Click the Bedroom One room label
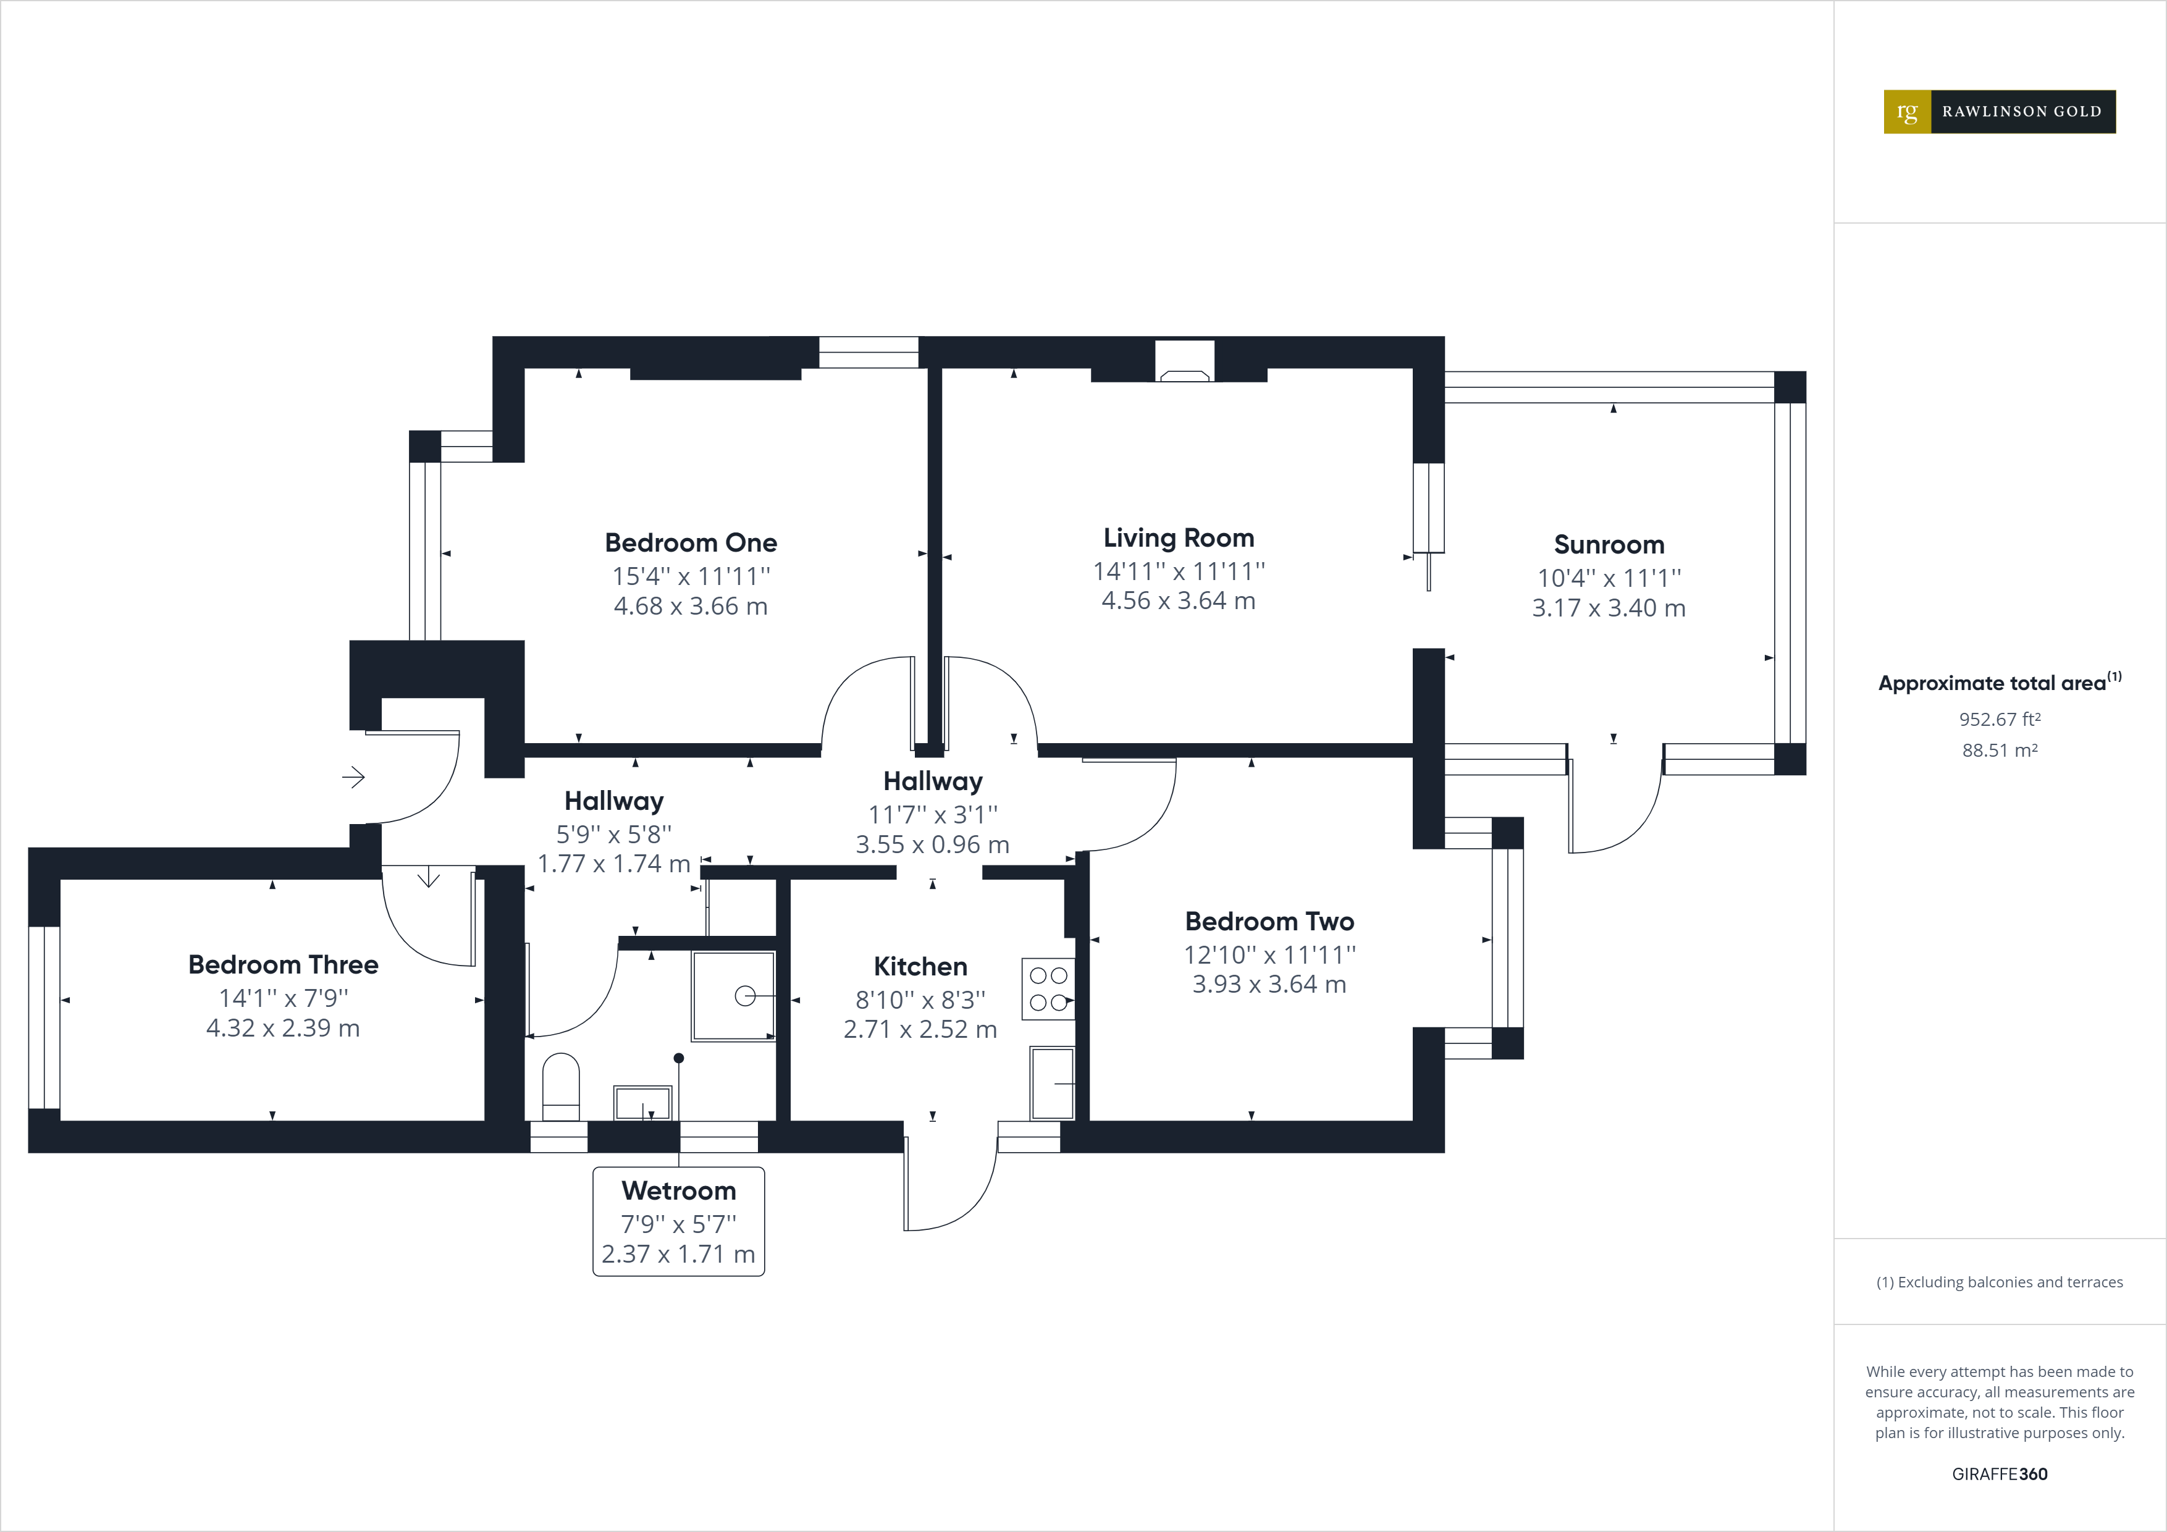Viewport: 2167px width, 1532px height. pyautogui.click(x=691, y=543)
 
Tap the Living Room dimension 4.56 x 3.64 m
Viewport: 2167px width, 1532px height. pyautogui.click(x=1178, y=600)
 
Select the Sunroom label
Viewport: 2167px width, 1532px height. pyautogui.click(x=1608, y=545)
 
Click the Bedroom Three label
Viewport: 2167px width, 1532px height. pyautogui.click(x=283, y=965)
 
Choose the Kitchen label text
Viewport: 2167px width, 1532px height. pyautogui.click(x=920, y=967)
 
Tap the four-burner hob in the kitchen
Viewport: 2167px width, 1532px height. pyautogui.click(x=1048, y=988)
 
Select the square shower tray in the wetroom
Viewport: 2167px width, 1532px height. pyautogui.click(x=733, y=996)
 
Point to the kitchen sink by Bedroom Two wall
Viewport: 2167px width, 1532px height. pyautogui.click(x=1051, y=1083)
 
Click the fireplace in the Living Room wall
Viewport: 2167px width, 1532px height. pyautogui.click(x=1184, y=363)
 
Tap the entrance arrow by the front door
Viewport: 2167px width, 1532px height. pyautogui.click(x=353, y=777)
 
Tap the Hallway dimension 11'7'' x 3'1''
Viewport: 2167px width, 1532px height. pyautogui.click(x=933, y=814)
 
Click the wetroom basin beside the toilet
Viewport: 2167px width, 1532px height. pyautogui.click(x=642, y=1101)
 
